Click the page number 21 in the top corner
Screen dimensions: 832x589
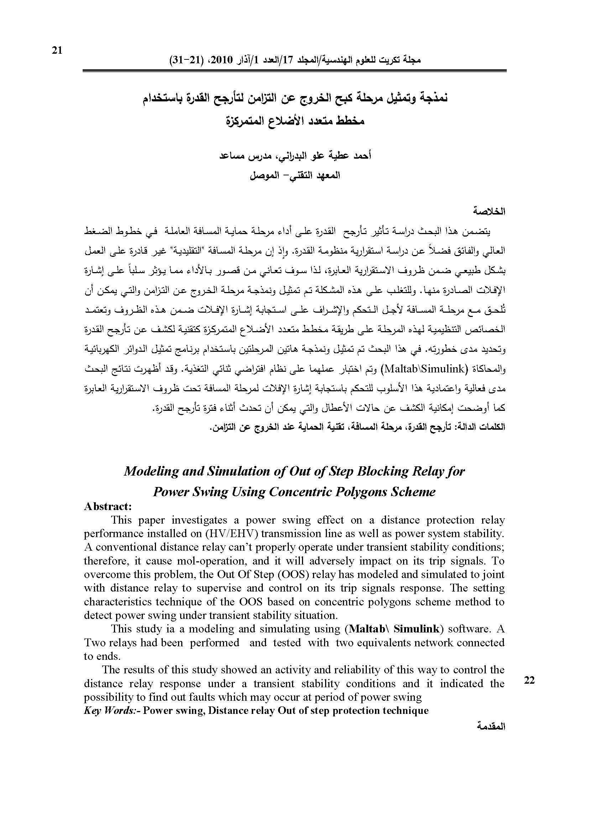(57, 51)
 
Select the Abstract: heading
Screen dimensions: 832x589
(108, 506)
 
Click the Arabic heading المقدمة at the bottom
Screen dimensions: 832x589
(492, 726)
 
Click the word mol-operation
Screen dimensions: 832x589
(204, 561)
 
